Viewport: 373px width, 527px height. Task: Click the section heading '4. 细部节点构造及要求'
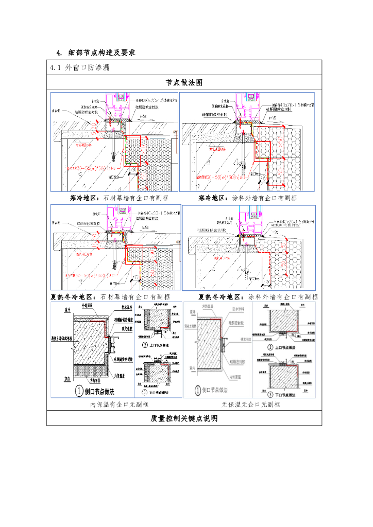tap(96, 52)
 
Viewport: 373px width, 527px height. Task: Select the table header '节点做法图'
tap(184, 82)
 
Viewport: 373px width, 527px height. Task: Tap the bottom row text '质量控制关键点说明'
tap(184, 418)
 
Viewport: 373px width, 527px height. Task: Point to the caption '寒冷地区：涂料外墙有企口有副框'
tap(248, 198)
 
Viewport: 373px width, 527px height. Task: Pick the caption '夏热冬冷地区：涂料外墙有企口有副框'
tap(258, 296)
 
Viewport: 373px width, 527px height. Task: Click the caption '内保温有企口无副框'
tap(115, 405)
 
